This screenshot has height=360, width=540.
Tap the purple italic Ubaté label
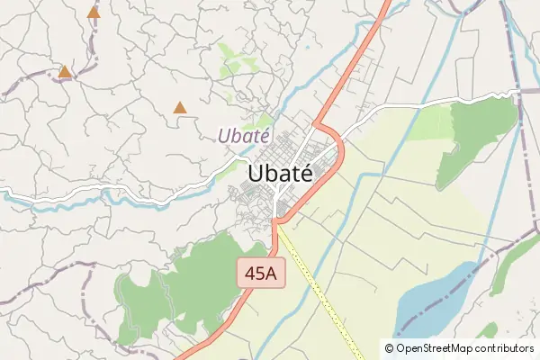[x=243, y=137]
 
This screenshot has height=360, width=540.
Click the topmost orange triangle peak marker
[x=94, y=13]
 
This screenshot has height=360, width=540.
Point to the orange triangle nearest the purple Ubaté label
[x=180, y=108]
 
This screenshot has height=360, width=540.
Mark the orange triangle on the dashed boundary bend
[x=65, y=71]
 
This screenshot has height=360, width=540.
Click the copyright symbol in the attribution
[x=390, y=347]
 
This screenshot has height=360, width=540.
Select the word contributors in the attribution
[x=506, y=347]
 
